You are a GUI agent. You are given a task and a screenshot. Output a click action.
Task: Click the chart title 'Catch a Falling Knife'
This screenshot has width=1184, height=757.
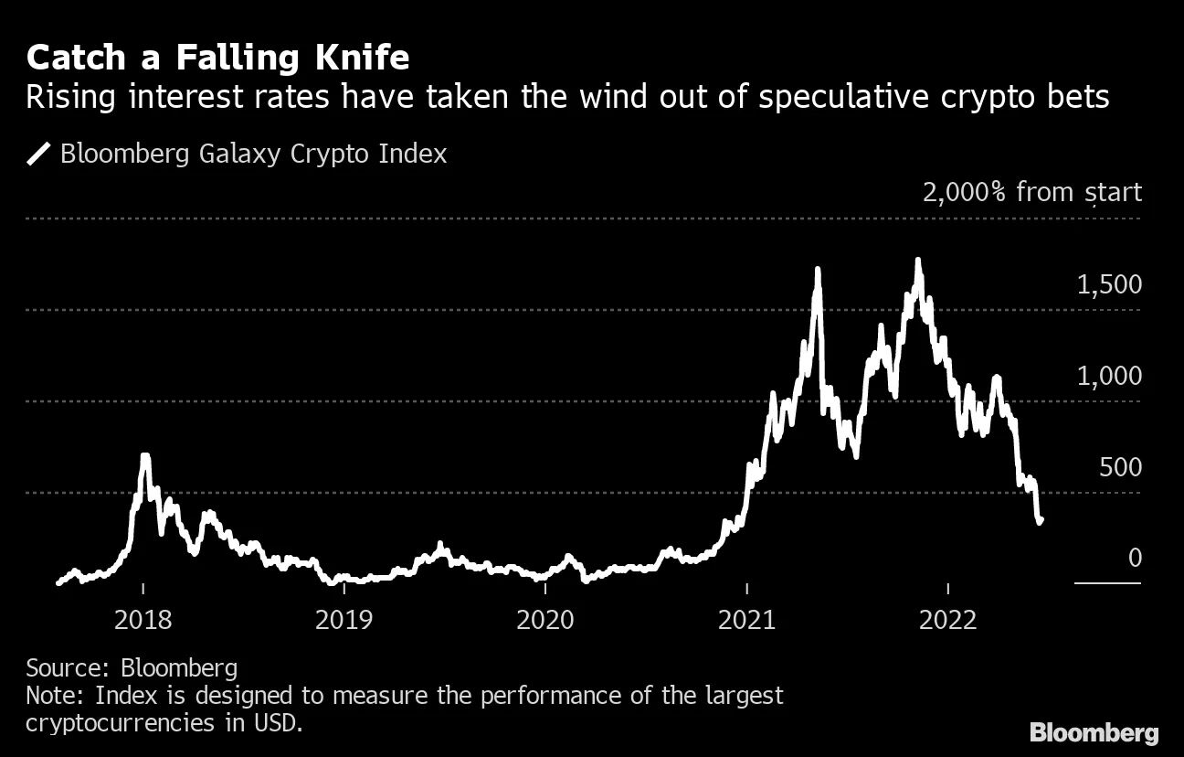coord(217,59)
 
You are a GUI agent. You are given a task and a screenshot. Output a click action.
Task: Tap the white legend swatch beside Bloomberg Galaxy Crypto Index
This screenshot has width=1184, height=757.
coord(39,154)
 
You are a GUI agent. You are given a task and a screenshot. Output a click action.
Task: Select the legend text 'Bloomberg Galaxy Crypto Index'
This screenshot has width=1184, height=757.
coord(253,154)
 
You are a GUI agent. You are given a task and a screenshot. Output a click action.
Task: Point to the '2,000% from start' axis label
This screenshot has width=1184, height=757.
coord(1031,193)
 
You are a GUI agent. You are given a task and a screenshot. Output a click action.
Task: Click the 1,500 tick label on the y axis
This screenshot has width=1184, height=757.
coord(1109,285)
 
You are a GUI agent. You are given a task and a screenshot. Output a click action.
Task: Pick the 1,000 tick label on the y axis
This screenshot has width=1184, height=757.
coord(1109,377)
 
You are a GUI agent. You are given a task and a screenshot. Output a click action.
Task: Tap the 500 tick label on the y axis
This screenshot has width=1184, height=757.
coord(1120,468)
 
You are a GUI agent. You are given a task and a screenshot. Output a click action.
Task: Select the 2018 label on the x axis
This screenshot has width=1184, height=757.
coord(143,621)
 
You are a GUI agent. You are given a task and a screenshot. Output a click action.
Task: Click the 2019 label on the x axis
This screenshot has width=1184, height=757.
coord(344,621)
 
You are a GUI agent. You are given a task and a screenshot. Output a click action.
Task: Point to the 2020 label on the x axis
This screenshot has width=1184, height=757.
coord(545,621)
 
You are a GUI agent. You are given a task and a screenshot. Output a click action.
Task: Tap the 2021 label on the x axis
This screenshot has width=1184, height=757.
coord(747,621)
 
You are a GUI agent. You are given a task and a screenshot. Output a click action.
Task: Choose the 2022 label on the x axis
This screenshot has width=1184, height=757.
coord(948,621)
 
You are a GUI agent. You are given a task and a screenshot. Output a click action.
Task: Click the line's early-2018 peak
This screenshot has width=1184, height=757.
coord(144,455)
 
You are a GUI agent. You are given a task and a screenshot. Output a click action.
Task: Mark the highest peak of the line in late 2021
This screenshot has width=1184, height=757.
coord(917,261)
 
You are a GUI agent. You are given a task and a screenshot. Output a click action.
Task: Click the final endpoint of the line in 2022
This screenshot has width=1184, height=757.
coord(1041,521)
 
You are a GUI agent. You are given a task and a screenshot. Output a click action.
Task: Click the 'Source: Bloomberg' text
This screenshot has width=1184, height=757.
coord(132,667)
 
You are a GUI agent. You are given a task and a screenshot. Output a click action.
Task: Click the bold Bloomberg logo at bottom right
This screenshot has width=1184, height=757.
coord(1094,732)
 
